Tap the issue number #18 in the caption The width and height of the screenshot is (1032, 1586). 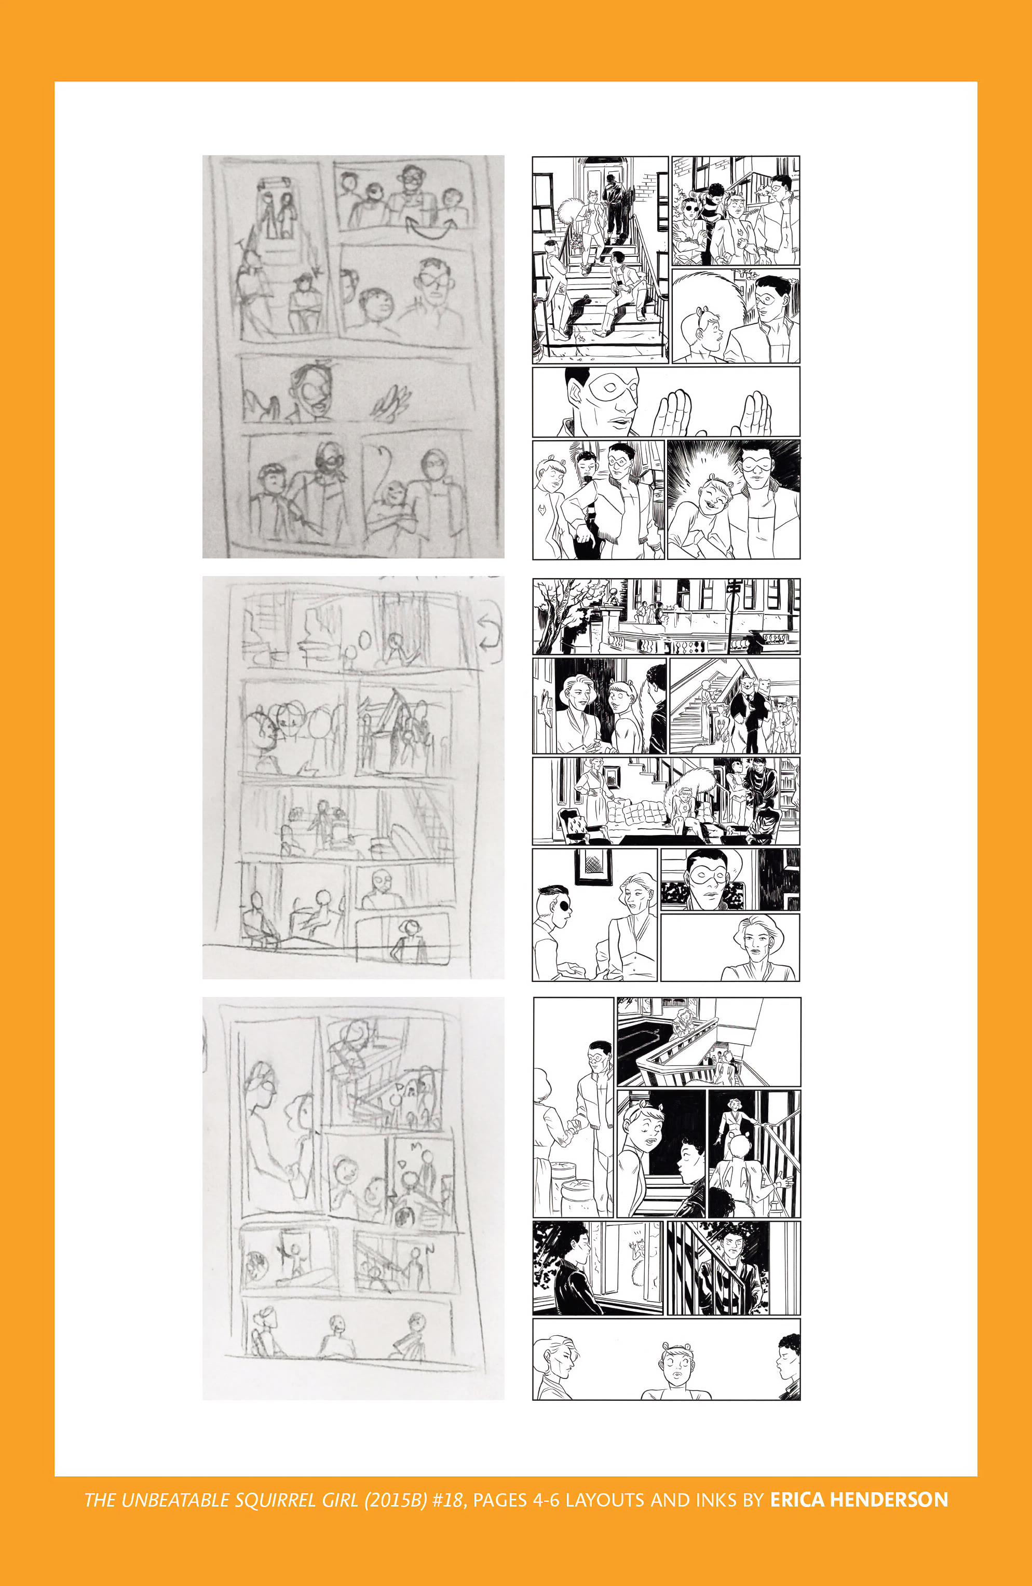click(x=447, y=1500)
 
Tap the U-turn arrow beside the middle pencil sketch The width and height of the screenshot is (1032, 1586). click(x=490, y=632)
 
